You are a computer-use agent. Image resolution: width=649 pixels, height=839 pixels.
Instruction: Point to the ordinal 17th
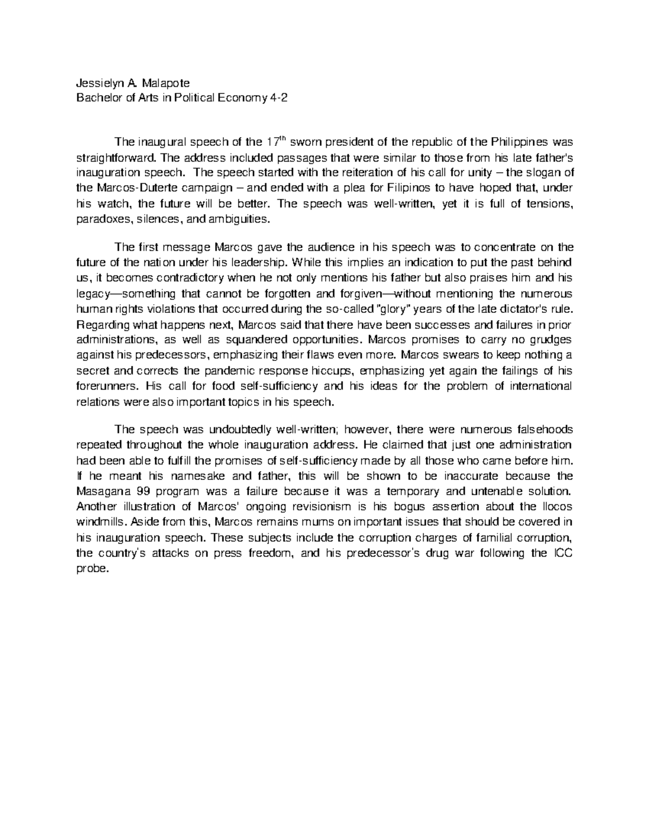pos(275,142)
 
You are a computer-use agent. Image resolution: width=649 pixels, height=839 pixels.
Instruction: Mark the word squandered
pos(249,340)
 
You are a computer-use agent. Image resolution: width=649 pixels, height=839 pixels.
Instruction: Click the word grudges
pos(548,340)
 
